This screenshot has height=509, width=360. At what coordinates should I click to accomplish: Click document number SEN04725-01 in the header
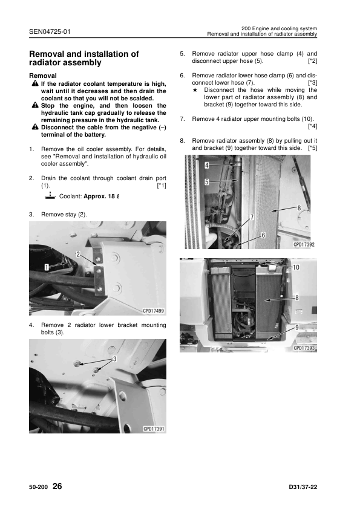(x=50, y=32)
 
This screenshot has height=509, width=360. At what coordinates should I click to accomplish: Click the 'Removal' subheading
(x=43, y=76)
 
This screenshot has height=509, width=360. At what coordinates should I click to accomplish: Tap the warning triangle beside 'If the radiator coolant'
(x=35, y=84)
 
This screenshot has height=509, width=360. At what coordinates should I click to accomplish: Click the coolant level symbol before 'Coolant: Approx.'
(x=50, y=196)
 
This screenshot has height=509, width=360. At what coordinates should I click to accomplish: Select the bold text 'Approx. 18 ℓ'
(x=102, y=196)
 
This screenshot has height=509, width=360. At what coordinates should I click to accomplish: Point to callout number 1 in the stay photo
(x=47, y=267)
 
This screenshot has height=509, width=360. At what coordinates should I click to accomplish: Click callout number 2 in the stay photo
(x=78, y=254)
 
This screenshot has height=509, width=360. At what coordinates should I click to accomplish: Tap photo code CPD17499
(x=153, y=311)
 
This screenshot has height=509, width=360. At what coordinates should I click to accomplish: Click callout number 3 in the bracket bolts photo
(x=114, y=358)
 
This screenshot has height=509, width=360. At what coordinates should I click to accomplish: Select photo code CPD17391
(x=154, y=429)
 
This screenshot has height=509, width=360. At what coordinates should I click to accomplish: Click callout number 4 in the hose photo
(x=207, y=165)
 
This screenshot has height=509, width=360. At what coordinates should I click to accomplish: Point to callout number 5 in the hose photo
(x=207, y=182)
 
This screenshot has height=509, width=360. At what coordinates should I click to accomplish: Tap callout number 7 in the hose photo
(x=252, y=217)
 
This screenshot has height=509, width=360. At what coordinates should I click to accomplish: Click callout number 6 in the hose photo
(x=263, y=235)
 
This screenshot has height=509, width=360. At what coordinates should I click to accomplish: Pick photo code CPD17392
(x=304, y=244)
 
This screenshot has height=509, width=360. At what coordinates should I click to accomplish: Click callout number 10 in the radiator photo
(x=296, y=267)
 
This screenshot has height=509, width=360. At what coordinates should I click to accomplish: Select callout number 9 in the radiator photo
(x=296, y=328)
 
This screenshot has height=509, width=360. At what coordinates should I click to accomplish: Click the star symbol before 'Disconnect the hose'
(x=195, y=90)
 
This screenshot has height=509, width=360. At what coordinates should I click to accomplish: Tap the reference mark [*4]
(x=313, y=126)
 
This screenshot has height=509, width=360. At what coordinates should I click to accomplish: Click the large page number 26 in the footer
(x=57, y=486)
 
